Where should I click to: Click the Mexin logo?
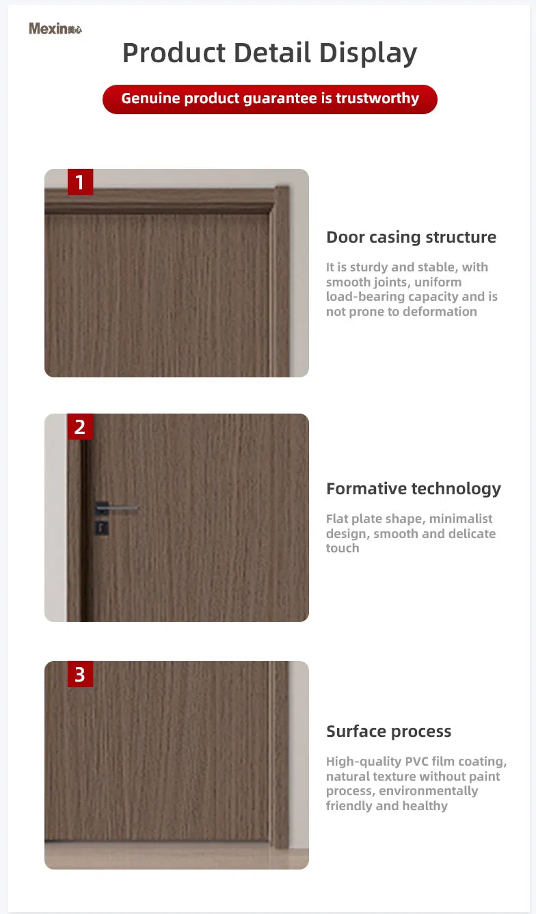click(x=55, y=29)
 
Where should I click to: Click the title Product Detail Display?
click(x=269, y=53)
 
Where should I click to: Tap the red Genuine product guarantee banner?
click(x=269, y=98)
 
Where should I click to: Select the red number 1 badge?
click(x=80, y=182)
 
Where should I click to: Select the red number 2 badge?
click(x=80, y=427)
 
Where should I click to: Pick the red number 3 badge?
click(x=80, y=674)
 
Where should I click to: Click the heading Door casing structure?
click(x=411, y=237)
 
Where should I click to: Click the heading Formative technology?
click(x=413, y=489)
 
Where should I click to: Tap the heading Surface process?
click(x=388, y=731)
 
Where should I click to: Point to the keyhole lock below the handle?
click(x=100, y=528)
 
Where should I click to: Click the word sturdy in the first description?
click(x=368, y=267)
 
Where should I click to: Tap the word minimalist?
click(x=461, y=519)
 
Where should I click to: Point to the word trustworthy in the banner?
click(x=377, y=98)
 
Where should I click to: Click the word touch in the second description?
click(x=342, y=548)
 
